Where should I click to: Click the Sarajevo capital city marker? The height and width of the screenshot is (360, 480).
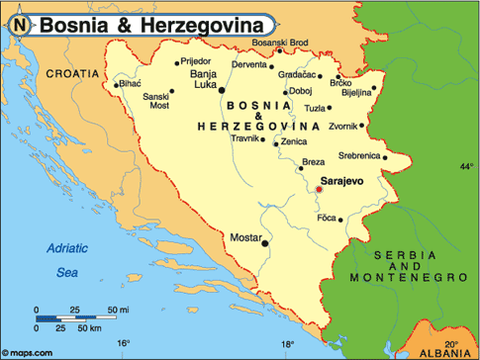click(x=319, y=189)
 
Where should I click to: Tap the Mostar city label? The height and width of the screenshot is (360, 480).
click(x=244, y=238)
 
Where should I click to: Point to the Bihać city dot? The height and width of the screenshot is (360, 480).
click(x=118, y=85)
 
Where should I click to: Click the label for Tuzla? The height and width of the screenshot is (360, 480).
click(x=315, y=108)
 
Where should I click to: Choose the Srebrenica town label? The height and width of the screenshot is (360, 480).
click(x=359, y=155)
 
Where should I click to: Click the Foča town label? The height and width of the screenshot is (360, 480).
click(x=327, y=218)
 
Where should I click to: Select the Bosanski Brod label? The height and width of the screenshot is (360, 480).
click(x=281, y=43)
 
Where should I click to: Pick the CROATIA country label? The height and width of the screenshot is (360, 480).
click(x=72, y=72)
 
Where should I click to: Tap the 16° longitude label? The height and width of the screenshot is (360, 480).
click(x=123, y=343)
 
